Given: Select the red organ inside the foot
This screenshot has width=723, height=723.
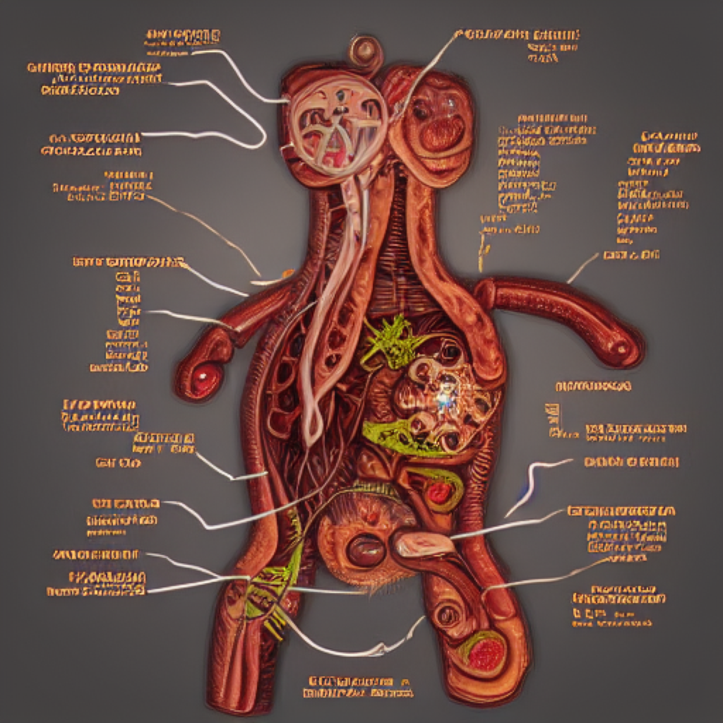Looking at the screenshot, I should click(485, 654).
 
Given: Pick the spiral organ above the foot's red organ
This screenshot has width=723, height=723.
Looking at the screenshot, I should click(447, 614).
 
